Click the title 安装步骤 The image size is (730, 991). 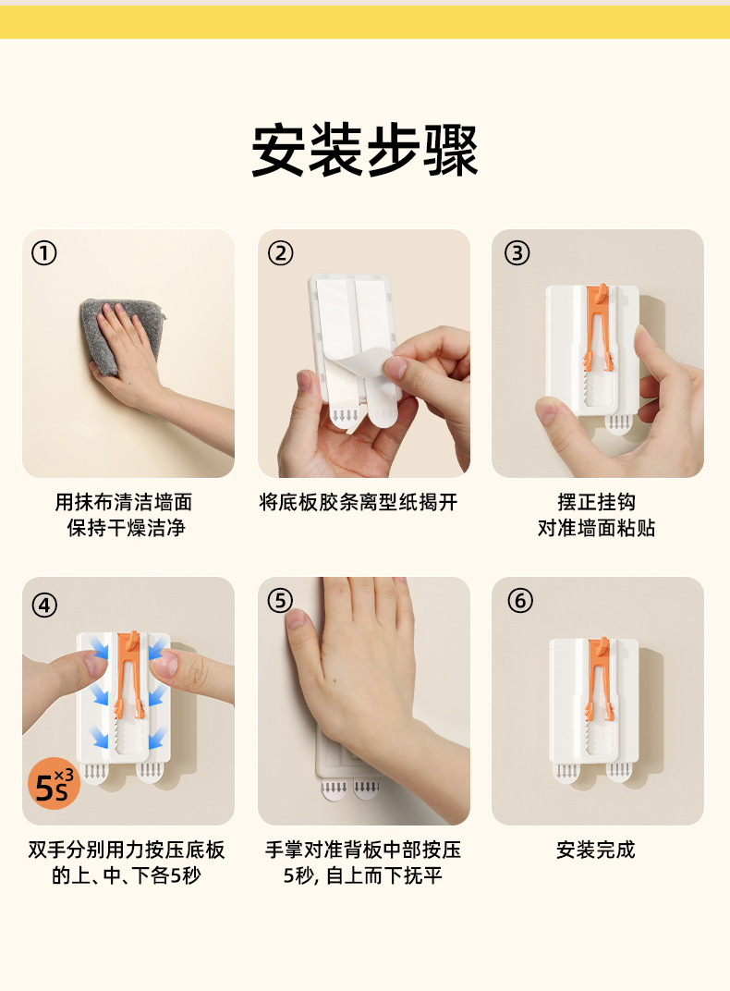(x=365, y=151)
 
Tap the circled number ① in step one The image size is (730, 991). (x=44, y=253)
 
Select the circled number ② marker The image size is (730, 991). (x=280, y=253)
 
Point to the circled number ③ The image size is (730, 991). (x=517, y=253)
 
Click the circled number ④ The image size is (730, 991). (x=44, y=605)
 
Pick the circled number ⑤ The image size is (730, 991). (x=280, y=600)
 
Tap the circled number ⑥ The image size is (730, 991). (x=520, y=600)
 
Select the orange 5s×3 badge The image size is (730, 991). (x=54, y=784)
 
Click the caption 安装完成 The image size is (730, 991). (x=595, y=850)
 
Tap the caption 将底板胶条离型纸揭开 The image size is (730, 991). (x=358, y=503)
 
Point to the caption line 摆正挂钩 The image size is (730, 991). (x=596, y=503)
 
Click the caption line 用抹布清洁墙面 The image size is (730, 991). (x=124, y=503)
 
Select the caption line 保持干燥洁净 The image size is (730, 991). (x=127, y=528)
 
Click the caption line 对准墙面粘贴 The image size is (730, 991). (x=596, y=528)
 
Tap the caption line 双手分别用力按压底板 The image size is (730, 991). (x=127, y=850)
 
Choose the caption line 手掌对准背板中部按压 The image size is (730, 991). (x=363, y=850)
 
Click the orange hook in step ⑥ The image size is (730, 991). (x=599, y=679)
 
